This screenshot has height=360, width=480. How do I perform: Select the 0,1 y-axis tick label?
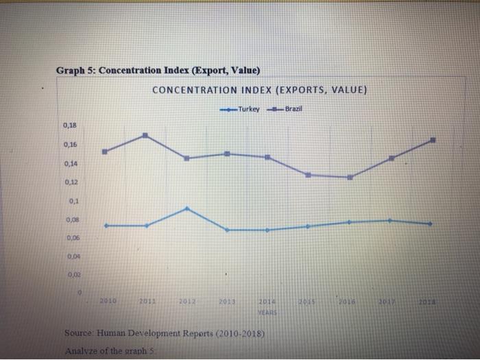73,201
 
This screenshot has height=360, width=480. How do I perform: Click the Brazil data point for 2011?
145,136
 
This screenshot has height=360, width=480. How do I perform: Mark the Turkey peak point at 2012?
187,208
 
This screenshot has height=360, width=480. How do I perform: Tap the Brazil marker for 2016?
350,177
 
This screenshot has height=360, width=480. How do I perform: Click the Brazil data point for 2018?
433,140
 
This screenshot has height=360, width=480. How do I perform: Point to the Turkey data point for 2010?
105,226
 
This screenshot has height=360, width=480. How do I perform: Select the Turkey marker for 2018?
431,224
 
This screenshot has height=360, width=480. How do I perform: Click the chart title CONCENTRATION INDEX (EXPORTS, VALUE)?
260,90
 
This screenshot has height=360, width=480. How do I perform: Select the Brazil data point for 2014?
267,157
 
